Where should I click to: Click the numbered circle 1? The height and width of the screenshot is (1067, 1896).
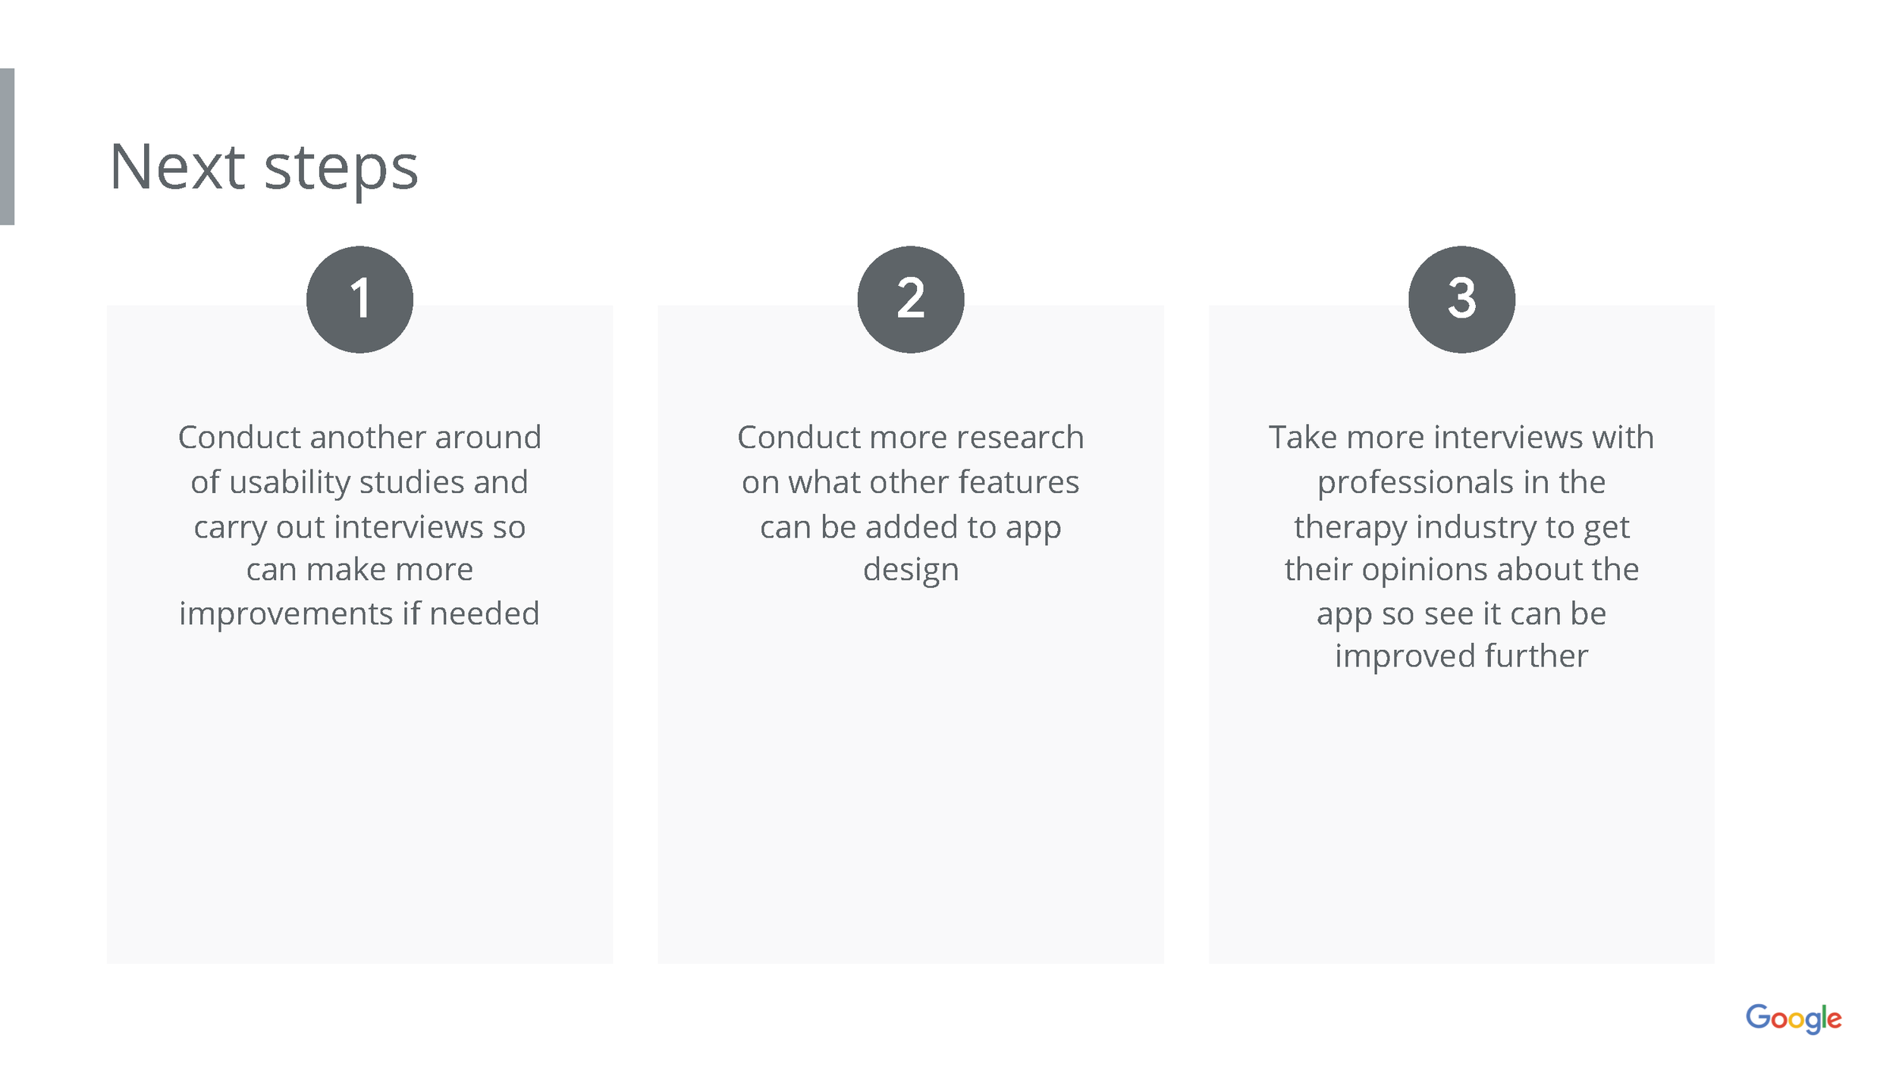tap(359, 300)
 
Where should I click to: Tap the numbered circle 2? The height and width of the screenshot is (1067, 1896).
tap(910, 300)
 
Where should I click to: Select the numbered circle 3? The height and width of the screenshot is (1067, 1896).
tap(1461, 300)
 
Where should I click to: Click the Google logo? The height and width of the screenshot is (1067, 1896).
tap(1793, 1018)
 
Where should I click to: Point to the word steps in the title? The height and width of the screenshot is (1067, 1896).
tap(341, 170)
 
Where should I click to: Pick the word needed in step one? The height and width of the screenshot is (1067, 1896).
tap(484, 614)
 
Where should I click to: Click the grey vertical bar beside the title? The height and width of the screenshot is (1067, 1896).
tap(7, 146)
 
